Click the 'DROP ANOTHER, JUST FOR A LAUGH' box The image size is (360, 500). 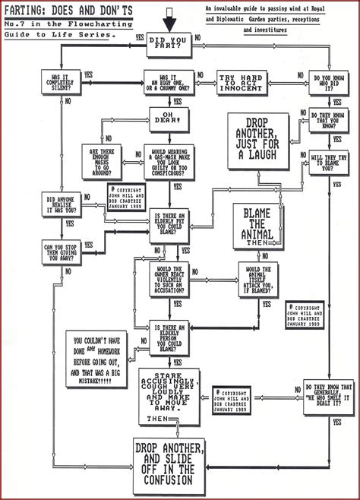[258, 140]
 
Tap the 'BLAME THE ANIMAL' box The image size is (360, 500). [257, 229]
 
